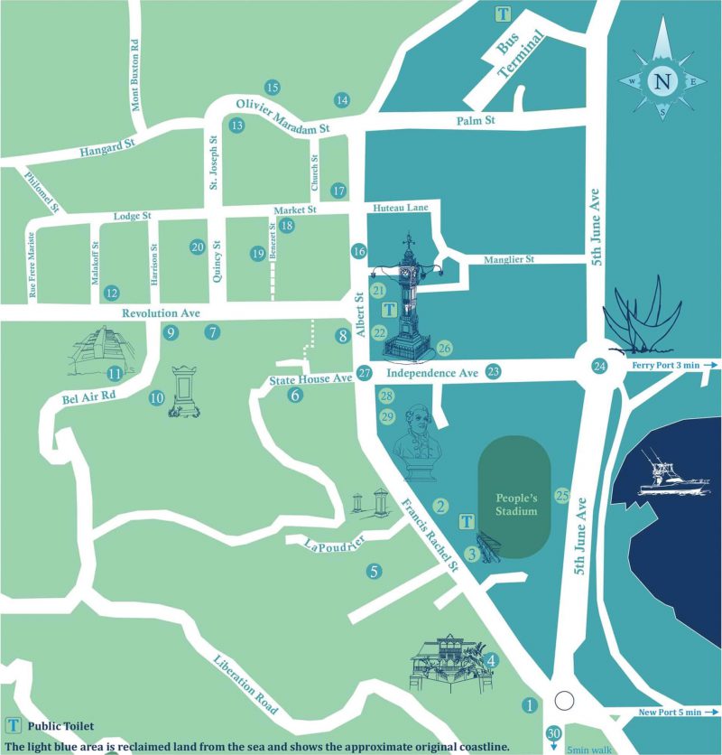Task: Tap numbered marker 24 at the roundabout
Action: (599, 366)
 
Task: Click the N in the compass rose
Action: (663, 80)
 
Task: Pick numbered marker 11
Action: (115, 373)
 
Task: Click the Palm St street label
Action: (477, 119)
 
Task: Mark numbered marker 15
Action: (272, 88)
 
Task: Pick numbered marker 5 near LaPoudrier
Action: (374, 571)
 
